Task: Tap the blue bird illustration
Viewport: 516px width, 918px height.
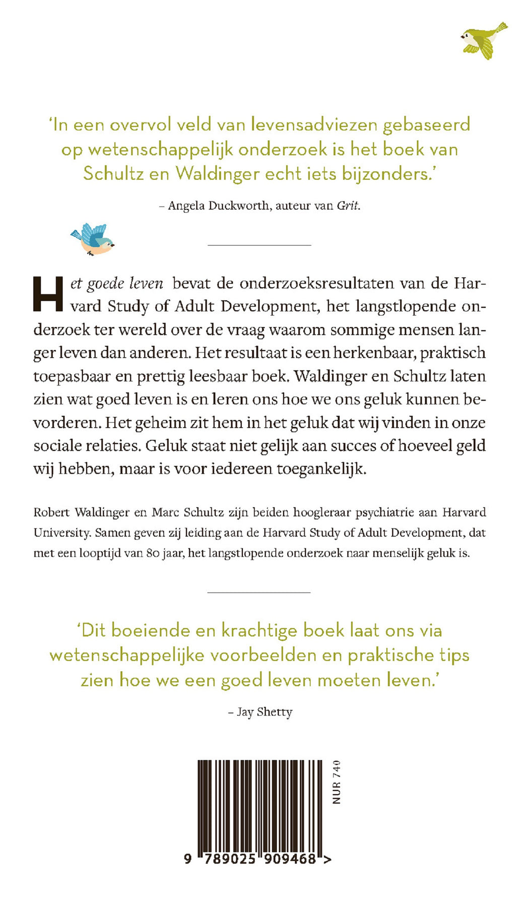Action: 93,239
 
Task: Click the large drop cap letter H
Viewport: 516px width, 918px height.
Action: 48,295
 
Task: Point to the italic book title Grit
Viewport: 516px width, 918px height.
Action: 348,206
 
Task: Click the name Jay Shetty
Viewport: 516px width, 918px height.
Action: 265,712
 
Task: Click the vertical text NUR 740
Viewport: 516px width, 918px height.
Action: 337,782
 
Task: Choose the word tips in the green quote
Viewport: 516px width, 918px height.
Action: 451,655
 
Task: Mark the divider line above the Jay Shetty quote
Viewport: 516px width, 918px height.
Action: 259,593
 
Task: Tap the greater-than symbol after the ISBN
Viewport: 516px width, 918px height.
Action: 327,859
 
